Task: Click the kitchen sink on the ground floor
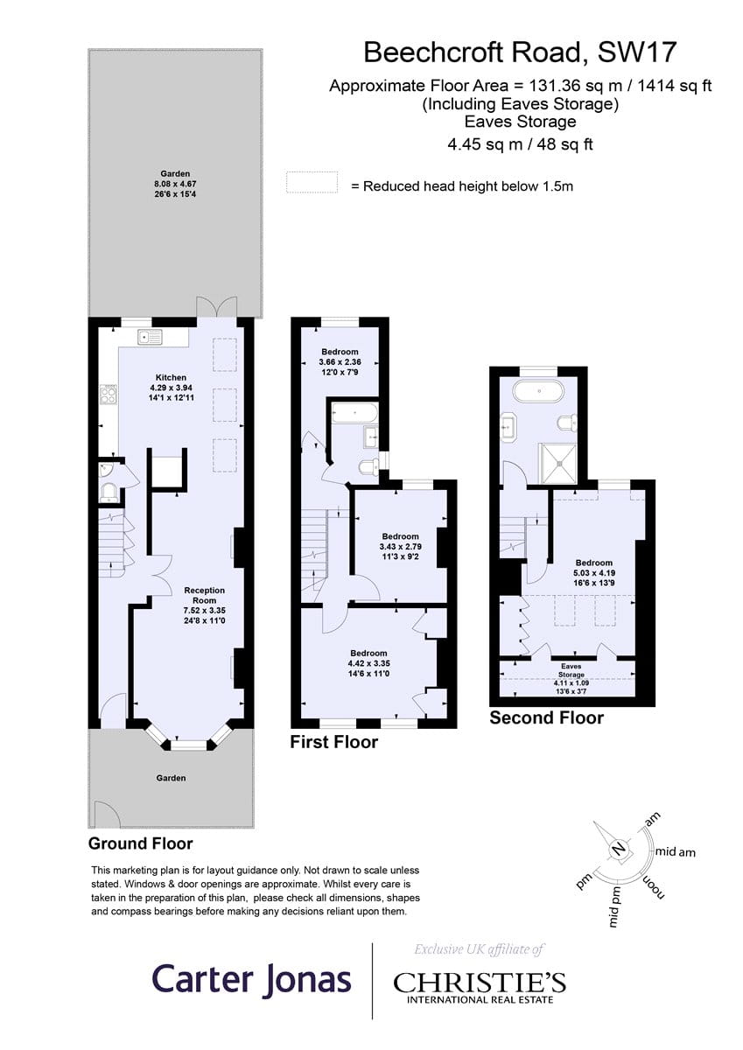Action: click(x=150, y=337)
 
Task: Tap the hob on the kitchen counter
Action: click(x=109, y=394)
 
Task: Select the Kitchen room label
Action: click(x=172, y=377)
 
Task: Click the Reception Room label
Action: click(x=205, y=595)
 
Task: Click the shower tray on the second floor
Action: click(x=558, y=463)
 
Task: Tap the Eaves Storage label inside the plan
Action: click(x=571, y=670)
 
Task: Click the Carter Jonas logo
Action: click(x=252, y=979)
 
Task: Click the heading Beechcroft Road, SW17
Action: click(x=520, y=52)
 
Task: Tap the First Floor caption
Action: click(x=333, y=742)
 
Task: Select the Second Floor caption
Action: click(x=547, y=717)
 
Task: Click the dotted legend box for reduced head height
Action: click(x=312, y=182)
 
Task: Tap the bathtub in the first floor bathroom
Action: click(x=354, y=413)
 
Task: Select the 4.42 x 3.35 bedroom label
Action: click(x=369, y=663)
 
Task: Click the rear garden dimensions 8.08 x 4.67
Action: click(x=175, y=184)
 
